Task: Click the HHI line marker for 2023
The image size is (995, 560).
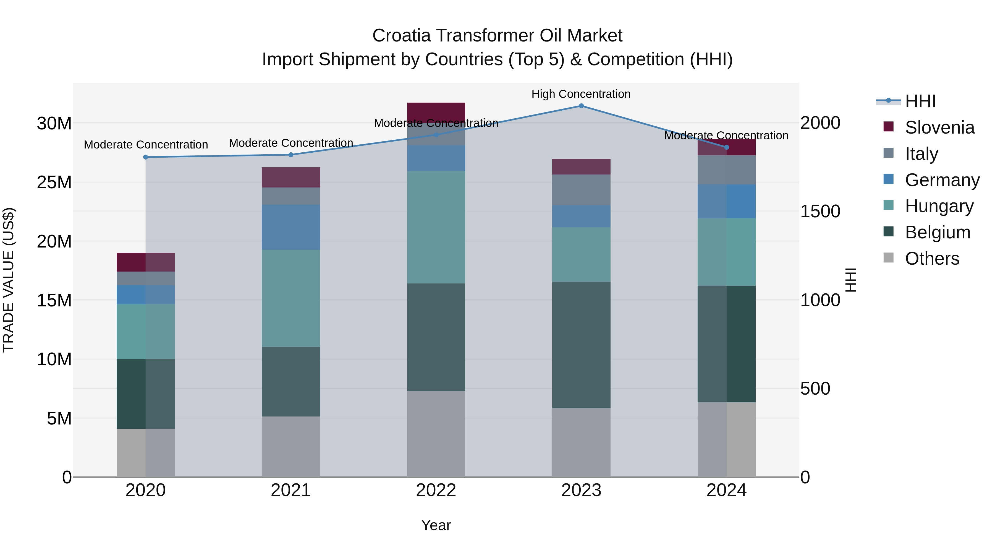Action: [581, 106]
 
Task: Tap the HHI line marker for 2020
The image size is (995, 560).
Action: [146, 157]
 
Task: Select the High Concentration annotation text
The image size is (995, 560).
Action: [581, 94]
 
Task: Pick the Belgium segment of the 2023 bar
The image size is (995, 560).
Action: [581, 345]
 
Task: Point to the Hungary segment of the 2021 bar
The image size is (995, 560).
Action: [291, 298]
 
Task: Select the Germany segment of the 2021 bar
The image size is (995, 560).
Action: [291, 227]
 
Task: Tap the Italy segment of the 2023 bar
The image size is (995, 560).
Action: [581, 189]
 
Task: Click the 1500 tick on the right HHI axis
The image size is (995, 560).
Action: [820, 211]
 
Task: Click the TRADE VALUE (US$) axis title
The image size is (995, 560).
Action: [9, 280]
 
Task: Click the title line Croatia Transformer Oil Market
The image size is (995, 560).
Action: [497, 36]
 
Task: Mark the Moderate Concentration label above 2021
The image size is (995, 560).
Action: [291, 143]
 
